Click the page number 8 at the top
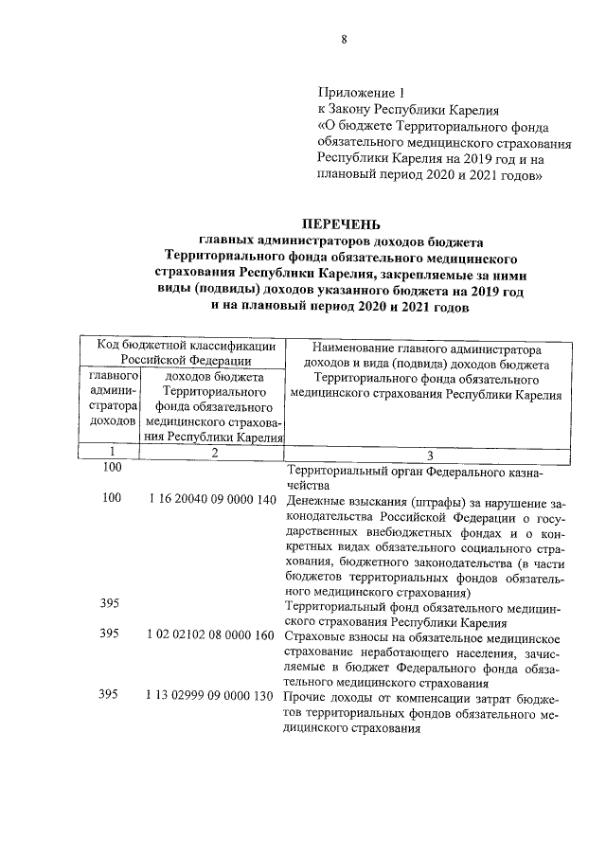(345, 39)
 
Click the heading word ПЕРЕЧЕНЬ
(340, 224)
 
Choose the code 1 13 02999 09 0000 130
(211, 696)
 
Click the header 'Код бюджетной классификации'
(183, 347)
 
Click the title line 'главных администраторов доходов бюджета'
(341, 241)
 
